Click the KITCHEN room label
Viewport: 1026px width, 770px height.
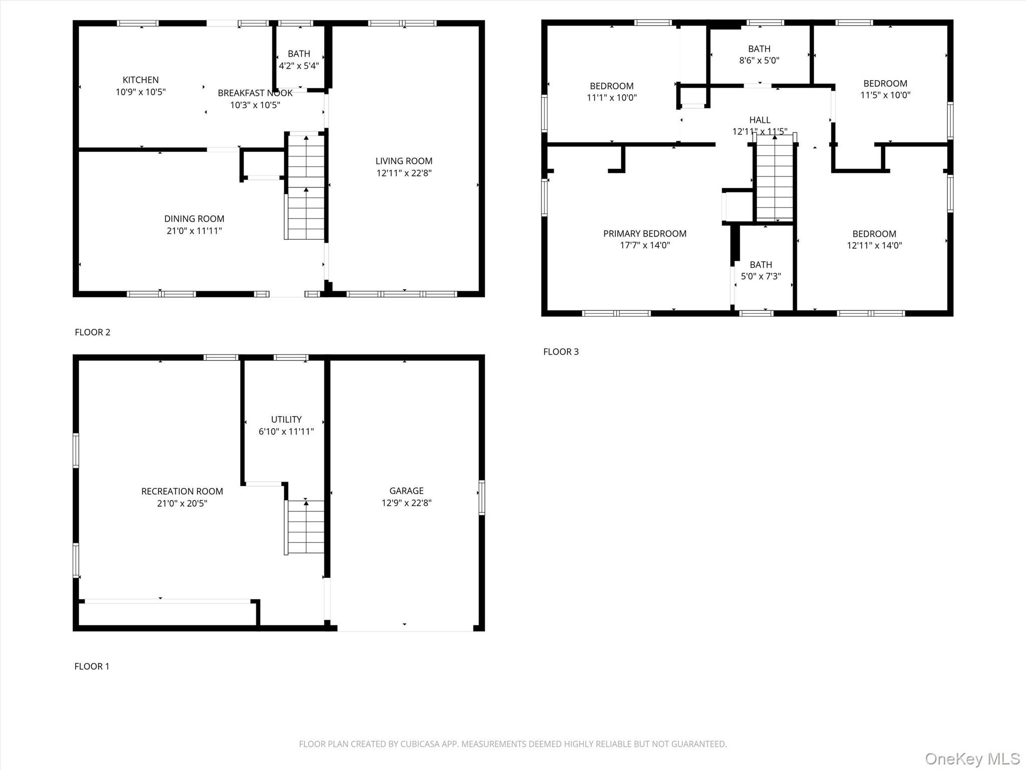coord(140,80)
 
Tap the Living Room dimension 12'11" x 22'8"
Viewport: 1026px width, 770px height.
coord(404,173)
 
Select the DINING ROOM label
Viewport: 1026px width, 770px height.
coord(194,219)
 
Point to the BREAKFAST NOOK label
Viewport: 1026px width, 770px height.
coord(254,93)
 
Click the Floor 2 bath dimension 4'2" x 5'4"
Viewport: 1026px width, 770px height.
coord(299,66)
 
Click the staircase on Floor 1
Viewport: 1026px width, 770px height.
coord(305,527)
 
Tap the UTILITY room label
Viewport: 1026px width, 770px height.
coord(286,420)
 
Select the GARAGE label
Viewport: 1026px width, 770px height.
coord(406,491)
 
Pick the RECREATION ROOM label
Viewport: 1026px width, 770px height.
coord(182,491)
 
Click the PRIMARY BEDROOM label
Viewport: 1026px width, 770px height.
coord(644,234)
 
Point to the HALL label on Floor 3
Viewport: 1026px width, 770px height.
coord(759,120)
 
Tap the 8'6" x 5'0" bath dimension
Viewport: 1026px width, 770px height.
coord(759,61)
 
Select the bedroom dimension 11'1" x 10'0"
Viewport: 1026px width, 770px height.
coord(611,98)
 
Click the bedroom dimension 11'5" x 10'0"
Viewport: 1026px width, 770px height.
coord(885,95)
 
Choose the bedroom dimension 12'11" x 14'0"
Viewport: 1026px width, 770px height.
coord(874,246)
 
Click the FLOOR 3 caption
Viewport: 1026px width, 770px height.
coord(561,352)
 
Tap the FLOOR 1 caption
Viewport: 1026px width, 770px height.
coord(92,666)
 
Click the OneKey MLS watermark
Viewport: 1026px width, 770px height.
coord(972,758)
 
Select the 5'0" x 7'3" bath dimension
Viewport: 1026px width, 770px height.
coord(760,276)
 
